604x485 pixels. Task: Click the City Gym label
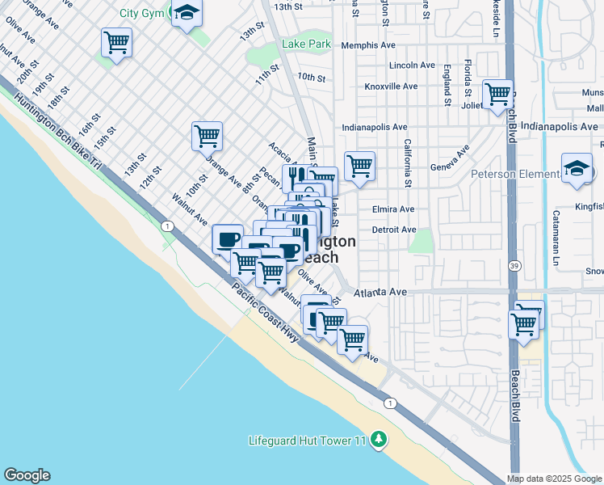141,13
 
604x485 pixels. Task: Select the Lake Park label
303,44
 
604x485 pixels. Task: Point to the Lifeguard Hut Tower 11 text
308,441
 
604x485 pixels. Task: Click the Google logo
27,475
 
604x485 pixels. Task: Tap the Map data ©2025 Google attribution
554,479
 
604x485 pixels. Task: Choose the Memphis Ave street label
368,45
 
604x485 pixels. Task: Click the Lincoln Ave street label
413,65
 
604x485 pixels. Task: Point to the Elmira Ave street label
393,209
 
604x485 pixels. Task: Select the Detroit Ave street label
394,230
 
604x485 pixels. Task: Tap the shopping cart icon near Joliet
497,94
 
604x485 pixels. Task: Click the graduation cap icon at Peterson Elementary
577,169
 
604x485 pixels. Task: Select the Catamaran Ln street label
556,238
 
